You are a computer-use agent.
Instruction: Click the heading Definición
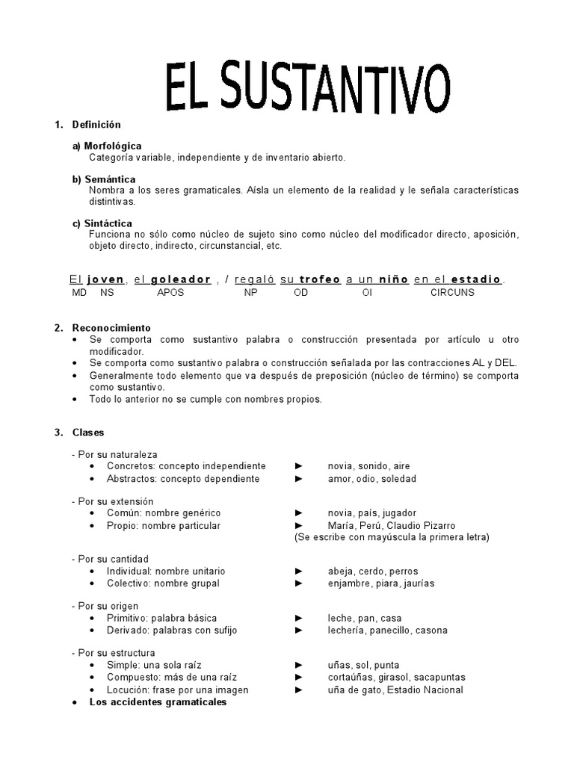[96, 124]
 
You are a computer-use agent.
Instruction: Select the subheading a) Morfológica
[107, 146]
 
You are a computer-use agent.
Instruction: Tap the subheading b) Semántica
[104, 179]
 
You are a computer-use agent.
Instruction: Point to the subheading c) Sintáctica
[102, 223]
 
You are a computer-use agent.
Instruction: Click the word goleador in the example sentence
[181, 279]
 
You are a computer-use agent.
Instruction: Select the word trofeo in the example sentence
[320, 279]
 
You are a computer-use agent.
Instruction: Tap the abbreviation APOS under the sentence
[170, 293]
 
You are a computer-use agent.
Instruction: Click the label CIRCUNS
[452, 293]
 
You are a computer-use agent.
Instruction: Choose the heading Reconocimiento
[111, 328]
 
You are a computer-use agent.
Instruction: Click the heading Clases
[88, 433]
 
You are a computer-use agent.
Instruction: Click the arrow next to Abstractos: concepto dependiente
[299, 479]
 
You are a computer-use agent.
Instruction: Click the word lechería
[348, 630]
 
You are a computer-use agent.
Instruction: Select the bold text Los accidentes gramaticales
[158, 702]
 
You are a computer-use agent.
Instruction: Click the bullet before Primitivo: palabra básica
[91, 619]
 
